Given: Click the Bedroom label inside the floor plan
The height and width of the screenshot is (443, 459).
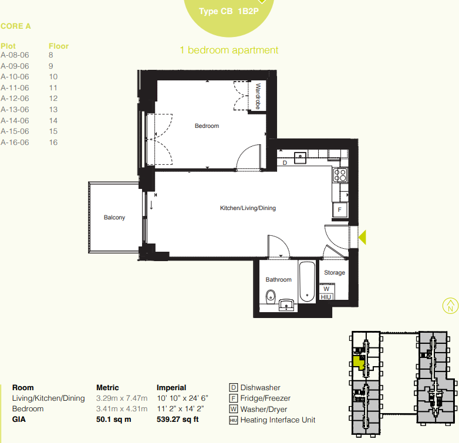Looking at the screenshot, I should point(207,126).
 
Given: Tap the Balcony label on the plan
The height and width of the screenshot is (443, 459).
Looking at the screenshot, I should point(114,218).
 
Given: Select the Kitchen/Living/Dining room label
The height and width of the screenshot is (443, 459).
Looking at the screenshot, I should point(248,208).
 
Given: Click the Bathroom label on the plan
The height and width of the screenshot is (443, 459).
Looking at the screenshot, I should point(278,280).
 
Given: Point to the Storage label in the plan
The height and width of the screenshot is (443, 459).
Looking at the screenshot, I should point(335,273).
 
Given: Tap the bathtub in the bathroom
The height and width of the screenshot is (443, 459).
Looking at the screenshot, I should point(306,283).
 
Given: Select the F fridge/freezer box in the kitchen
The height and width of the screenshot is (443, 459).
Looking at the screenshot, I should point(339,210).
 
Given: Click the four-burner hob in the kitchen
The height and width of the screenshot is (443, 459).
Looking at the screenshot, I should point(340,174).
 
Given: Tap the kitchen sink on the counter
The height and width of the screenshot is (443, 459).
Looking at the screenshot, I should point(301,156).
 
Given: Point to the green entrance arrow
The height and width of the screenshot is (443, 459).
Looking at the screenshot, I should point(362,237).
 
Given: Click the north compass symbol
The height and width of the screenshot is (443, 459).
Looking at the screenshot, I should point(449,305).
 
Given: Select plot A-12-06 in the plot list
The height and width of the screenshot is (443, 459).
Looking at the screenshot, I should point(15,99).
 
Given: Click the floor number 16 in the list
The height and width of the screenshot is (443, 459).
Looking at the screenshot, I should point(53,143).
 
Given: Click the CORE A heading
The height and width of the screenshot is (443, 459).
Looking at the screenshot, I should point(16,26).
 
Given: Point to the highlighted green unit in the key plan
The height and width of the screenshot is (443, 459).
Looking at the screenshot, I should point(356,363).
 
